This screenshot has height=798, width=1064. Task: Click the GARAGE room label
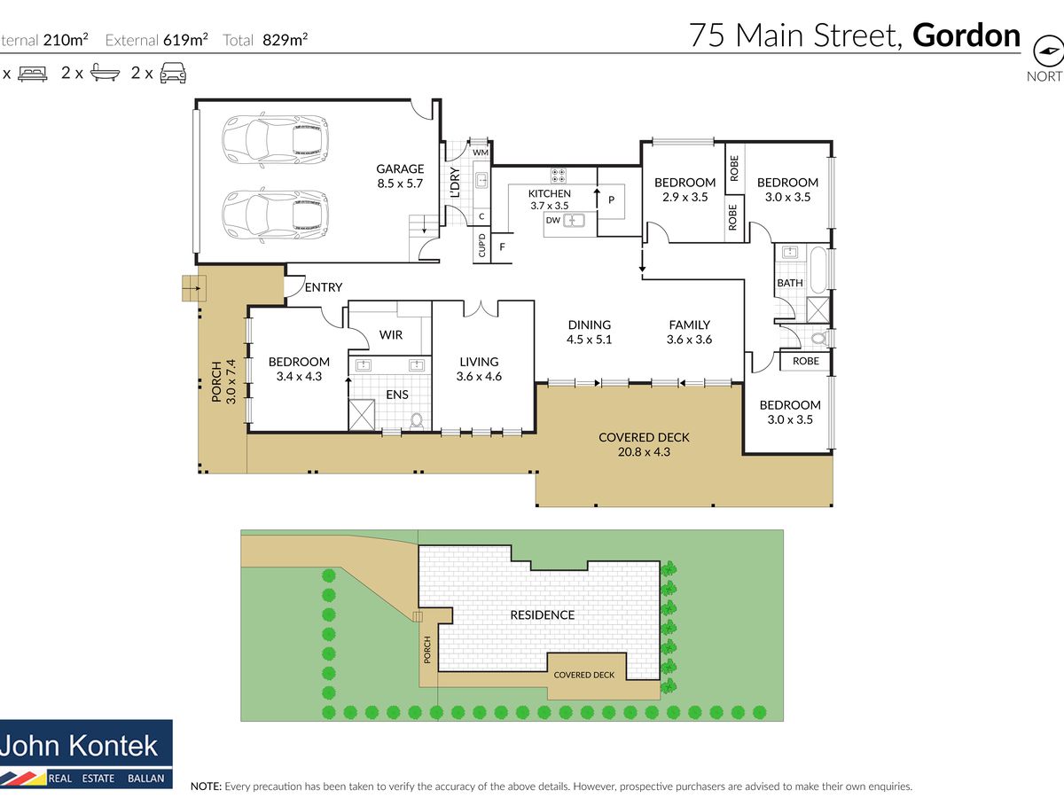(x=400, y=168)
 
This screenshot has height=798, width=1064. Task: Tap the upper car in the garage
(x=275, y=140)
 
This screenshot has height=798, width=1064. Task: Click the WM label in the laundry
(x=480, y=153)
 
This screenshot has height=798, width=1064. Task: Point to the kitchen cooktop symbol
(x=558, y=176)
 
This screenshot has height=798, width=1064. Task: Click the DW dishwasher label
(x=552, y=221)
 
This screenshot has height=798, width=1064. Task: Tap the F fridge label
(x=502, y=247)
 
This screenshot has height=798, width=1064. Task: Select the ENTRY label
(x=324, y=287)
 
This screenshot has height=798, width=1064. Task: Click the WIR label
(x=391, y=335)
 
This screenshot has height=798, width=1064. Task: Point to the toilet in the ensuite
(x=417, y=420)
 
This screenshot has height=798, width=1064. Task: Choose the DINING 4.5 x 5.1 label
(x=589, y=332)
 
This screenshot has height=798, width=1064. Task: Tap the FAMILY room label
(x=689, y=325)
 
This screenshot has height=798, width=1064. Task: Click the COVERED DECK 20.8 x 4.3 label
(x=644, y=444)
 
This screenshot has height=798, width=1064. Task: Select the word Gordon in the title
(x=966, y=35)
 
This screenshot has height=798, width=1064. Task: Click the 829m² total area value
(x=285, y=39)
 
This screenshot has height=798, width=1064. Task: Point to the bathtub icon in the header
(x=105, y=73)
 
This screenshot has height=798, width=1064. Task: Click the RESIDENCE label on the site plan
(x=543, y=614)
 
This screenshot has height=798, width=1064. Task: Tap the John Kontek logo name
(x=79, y=746)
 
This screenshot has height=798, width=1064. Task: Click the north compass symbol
(x=1048, y=51)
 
